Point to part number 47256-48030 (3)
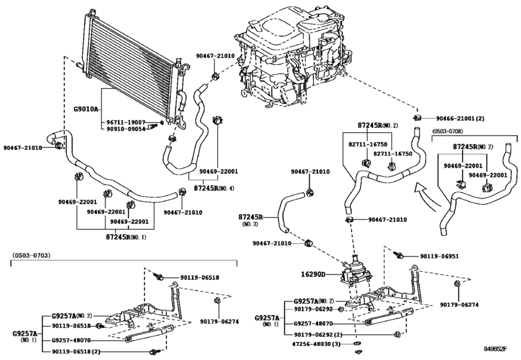(x=317, y=345)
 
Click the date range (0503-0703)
(x=33, y=256)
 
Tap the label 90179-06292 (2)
(x=323, y=335)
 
